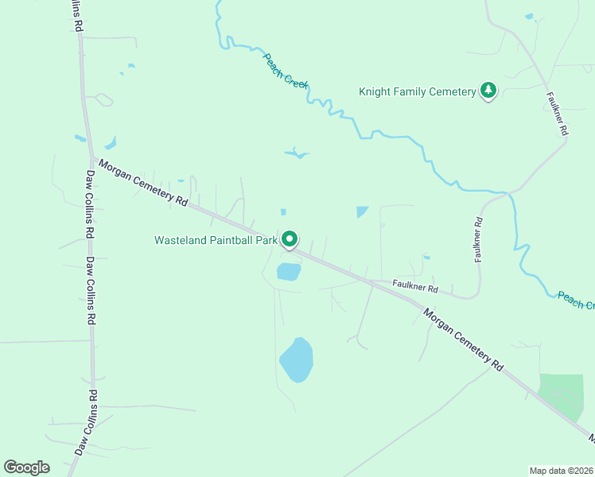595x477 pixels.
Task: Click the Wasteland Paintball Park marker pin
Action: [290, 238]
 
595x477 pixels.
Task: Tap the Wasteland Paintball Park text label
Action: [216, 239]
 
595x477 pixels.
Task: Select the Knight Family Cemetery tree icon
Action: [488, 91]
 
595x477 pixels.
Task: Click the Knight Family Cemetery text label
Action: [417, 91]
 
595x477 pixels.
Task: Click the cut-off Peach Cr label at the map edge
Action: [576, 301]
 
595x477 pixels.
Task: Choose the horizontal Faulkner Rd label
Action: [414, 286]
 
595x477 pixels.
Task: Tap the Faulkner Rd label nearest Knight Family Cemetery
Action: [557, 114]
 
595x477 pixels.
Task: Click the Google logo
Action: [26, 467]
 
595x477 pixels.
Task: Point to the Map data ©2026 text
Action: [561, 471]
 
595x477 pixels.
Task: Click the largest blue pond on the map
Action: [296, 359]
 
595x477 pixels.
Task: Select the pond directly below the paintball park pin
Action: [288, 272]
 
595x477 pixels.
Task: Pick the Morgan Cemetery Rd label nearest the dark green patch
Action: [464, 339]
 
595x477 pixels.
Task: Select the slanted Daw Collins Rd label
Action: [87, 422]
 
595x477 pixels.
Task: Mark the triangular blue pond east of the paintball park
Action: [363, 211]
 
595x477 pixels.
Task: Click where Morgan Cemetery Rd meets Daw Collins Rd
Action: [90, 156]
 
